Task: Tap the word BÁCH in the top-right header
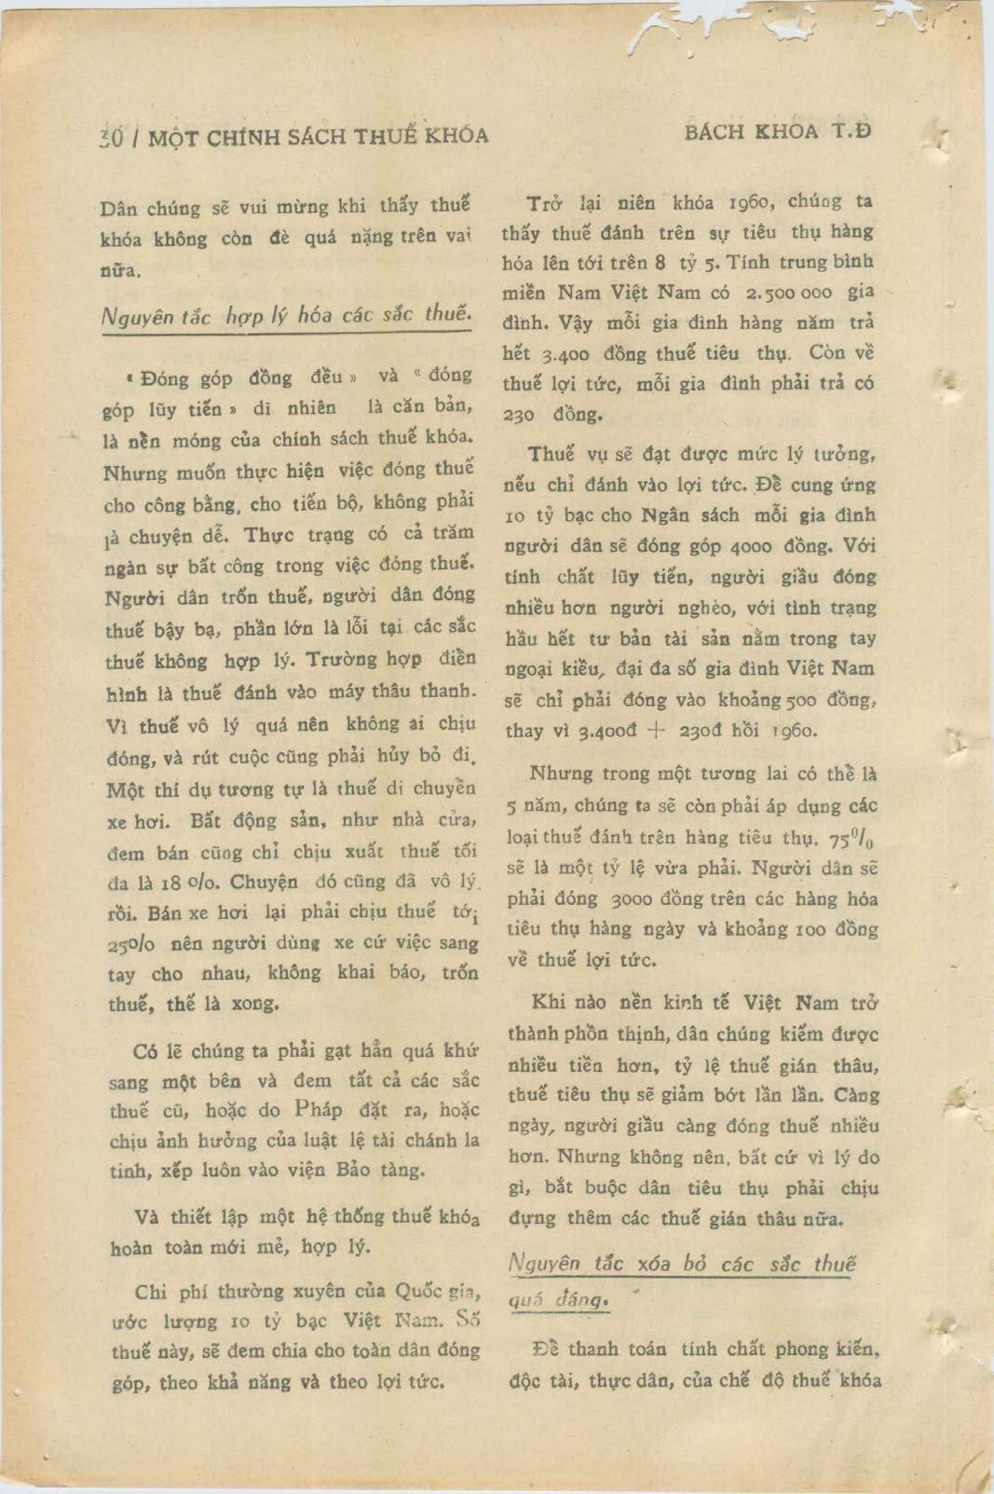click(x=713, y=132)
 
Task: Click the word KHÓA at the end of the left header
click(x=456, y=136)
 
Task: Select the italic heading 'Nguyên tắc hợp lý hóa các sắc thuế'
click(x=285, y=315)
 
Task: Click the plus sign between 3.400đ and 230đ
click(x=656, y=731)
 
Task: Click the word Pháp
click(x=318, y=1110)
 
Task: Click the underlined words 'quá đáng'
click(x=559, y=1298)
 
